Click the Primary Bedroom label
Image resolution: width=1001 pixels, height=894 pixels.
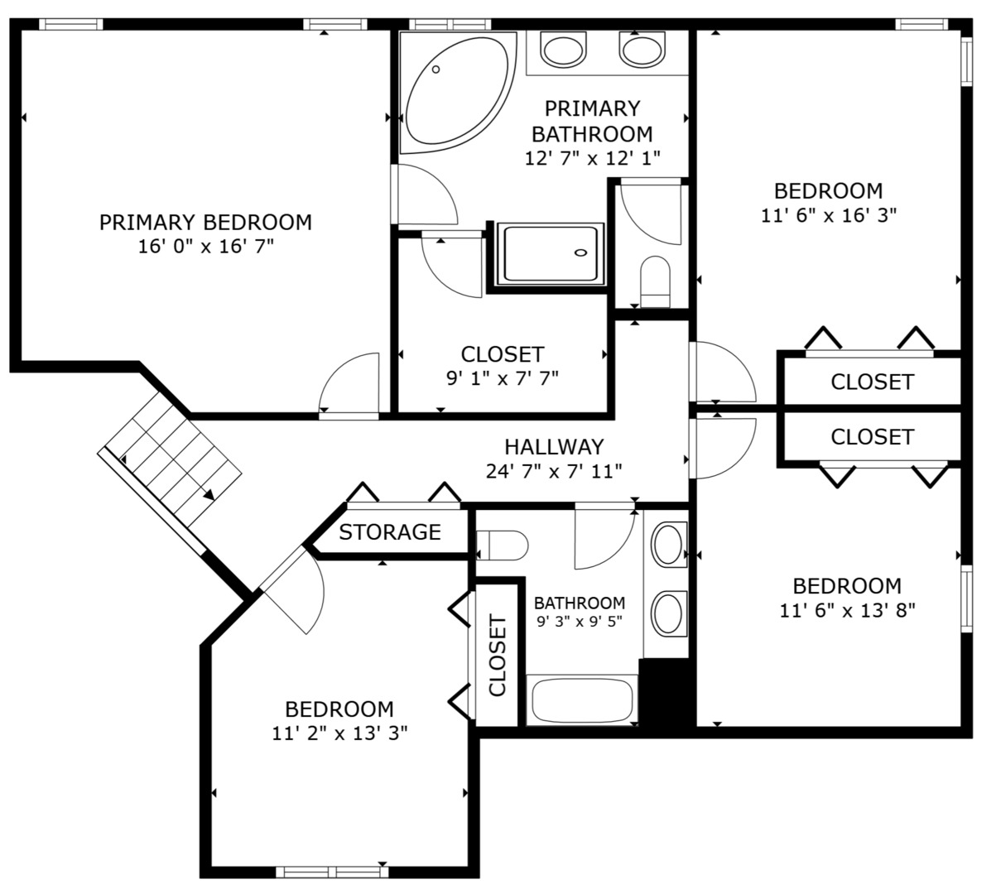[205, 223]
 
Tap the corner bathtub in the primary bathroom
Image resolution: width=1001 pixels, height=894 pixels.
[457, 93]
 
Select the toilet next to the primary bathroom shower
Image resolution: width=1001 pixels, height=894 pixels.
[655, 281]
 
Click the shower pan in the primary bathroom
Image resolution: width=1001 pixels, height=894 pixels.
[550, 254]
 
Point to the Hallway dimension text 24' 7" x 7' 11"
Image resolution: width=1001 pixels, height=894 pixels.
[554, 471]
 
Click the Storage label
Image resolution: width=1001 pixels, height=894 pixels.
[390, 532]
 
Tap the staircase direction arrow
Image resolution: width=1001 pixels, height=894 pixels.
[209, 494]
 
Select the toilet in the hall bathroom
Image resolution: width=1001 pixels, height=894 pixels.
[502, 546]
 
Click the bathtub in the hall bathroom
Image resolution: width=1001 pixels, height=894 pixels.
[582, 700]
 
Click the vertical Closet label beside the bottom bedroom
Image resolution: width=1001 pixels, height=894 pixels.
[497, 655]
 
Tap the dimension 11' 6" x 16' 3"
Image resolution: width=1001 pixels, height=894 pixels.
[829, 215]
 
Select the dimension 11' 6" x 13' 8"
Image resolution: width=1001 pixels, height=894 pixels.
[847, 611]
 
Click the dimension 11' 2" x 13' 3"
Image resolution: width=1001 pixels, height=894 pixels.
[340, 733]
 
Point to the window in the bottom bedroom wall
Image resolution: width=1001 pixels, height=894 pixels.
[332, 872]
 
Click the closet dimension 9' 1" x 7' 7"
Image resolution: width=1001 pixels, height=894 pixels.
[503, 378]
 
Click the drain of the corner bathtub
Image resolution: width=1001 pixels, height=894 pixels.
[436, 70]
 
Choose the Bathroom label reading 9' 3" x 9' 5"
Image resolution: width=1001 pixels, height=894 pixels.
[580, 612]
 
